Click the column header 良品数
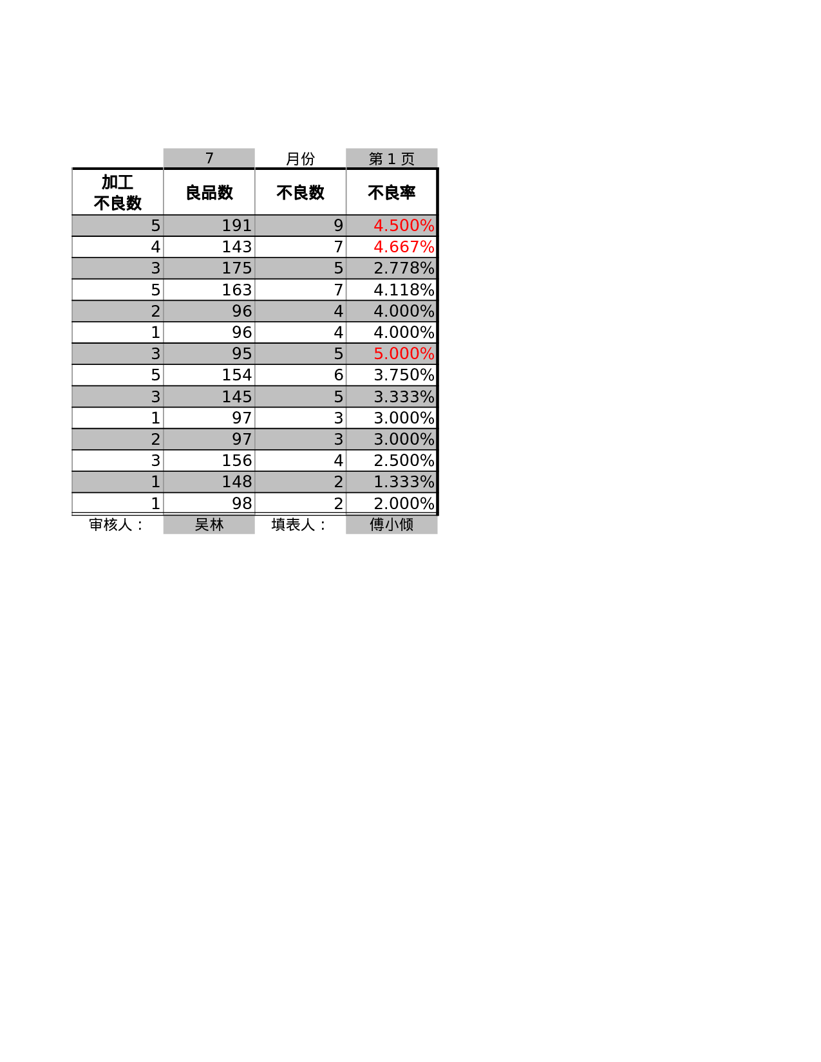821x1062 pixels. coord(209,192)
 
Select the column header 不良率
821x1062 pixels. coord(392,192)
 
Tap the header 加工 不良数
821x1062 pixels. coord(117,192)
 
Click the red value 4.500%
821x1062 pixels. coord(404,226)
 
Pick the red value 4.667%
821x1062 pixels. coord(404,247)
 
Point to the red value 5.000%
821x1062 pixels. coord(404,354)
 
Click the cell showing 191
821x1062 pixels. coord(236,226)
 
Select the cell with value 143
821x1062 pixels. coord(236,247)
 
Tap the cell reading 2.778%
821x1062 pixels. coord(404,268)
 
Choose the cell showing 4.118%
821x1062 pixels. coord(404,290)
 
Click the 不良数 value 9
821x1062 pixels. coord(338,226)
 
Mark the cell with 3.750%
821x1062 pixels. coord(404,375)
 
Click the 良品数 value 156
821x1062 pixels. coord(236,461)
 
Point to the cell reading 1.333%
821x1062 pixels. coord(404,482)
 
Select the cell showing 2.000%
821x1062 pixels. coord(404,503)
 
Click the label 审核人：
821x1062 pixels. coord(117,525)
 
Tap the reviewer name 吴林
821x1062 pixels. coord(209,525)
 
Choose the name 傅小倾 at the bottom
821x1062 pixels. coord(392,525)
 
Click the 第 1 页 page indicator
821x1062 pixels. coord(392,159)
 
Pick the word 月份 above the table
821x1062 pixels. coord(300,159)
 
